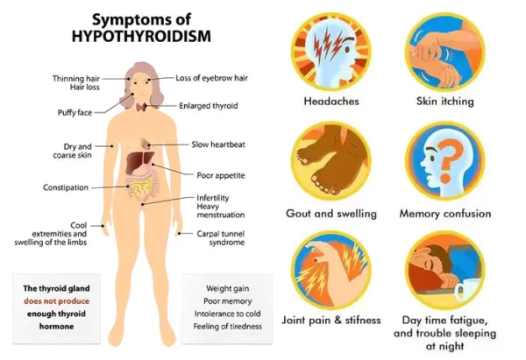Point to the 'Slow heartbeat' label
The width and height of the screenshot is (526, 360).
(219, 144)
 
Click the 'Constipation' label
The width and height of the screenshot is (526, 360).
(66, 187)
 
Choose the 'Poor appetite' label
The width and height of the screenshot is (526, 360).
(220, 175)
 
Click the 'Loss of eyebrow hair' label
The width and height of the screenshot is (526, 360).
(213, 78)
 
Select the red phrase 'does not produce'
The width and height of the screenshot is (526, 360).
(56, 300)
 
